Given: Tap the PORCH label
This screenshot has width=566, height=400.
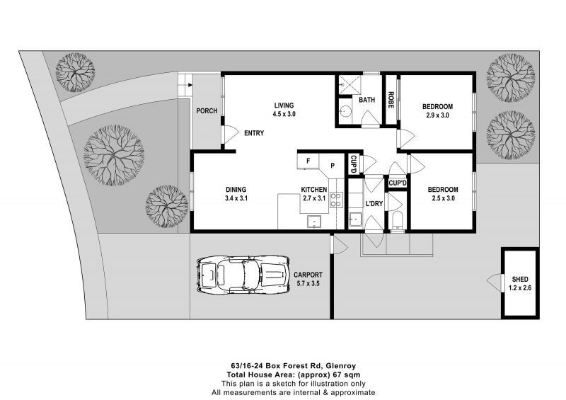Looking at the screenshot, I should tap(207, 111).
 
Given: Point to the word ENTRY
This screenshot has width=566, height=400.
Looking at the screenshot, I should tap(254, 134).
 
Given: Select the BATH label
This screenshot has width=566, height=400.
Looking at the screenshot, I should tap(366, 101).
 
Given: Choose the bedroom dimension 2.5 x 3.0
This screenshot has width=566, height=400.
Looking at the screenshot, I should tap(443, 199).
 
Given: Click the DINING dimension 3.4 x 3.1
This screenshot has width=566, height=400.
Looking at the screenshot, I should tap(236, 199).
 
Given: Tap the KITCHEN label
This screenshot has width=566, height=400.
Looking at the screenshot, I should tap(314, 190).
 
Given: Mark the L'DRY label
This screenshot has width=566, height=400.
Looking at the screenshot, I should tap(374, 204).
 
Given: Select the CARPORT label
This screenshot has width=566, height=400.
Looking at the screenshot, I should tap(308, 275).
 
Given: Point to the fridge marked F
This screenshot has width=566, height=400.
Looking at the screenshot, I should tap(308, 161).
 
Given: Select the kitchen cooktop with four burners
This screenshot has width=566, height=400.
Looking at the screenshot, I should tap(337, 200).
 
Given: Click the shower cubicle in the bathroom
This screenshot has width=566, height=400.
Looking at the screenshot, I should tap(347, 86).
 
